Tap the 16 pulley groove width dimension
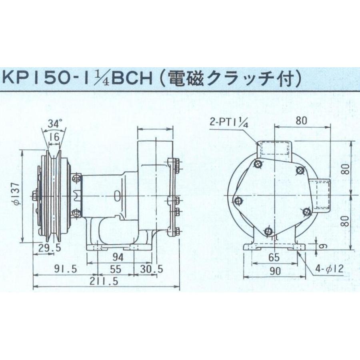[x=54, y=138]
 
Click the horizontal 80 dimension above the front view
[x=303, y=118]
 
